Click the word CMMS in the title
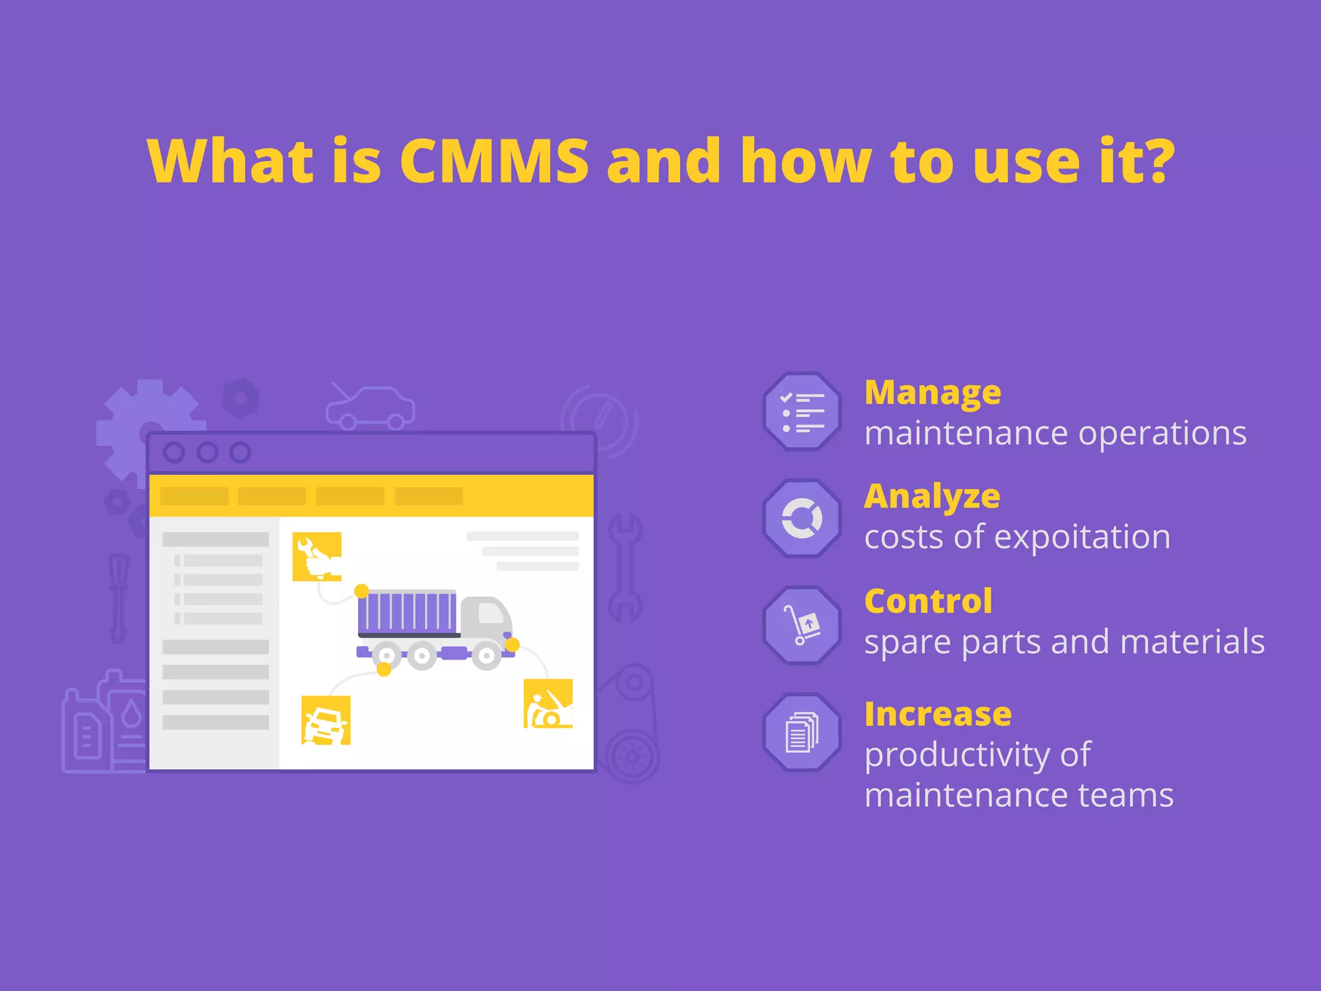(x=494, y=161)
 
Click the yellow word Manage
(x=932, y=392)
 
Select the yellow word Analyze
(x=931, y=497)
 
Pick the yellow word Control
(x=928, y=601)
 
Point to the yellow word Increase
(x=937, y=714)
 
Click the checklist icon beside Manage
(x=802, y=412)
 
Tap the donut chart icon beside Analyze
(x=802, y=518)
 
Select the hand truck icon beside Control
(x=802, y=625)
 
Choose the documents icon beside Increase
(x=802, y=732)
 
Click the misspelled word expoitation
(x=1082, y=537)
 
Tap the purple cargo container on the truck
(x=407, y=612)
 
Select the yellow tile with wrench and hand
(x=317, y=556)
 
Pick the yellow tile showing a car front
(x=326, y=720)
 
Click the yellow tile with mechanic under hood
(x=548, y=703)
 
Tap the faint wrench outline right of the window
(x=624, y=568)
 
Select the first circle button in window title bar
(x=174, y=452)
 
